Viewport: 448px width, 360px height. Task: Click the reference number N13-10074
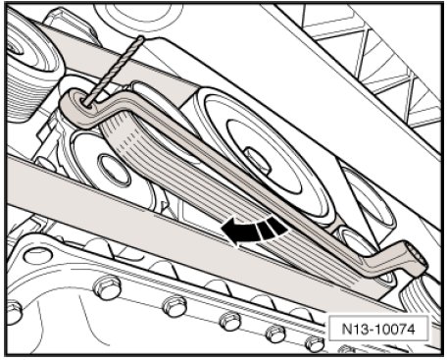(x=378, y=329)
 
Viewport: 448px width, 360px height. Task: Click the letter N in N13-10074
(x=347, y=329)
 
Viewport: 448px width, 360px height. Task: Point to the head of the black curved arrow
(x=230, y=231)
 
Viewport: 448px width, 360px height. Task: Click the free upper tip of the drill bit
(x=142, y=37)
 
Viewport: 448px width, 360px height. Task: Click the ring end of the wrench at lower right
(x=415, y=257)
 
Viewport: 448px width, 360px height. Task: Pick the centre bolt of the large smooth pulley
(x=258, y=160)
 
